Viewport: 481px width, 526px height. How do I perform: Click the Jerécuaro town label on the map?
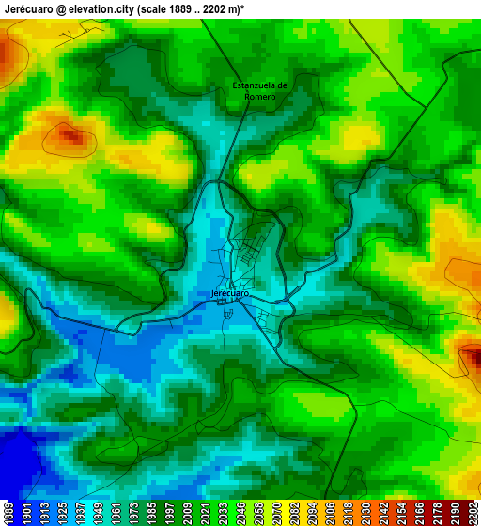point(230,293)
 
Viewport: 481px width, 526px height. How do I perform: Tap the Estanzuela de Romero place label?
point(259,91)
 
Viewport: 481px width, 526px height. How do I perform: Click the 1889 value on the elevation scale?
point(8,513)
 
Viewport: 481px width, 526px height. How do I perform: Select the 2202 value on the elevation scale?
point(473,513)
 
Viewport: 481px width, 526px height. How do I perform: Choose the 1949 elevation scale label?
point(98,513)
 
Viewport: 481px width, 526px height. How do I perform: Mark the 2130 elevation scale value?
point(365,513)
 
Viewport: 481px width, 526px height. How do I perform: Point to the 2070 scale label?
point(276,513)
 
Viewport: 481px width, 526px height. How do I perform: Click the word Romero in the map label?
point(259,97)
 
